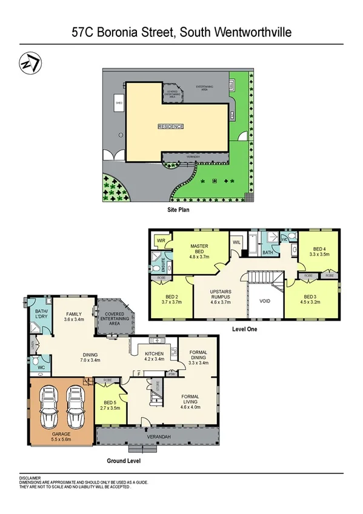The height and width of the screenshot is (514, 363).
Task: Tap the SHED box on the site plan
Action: (119, 103)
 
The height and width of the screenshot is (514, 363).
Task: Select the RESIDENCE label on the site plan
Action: (170, 127)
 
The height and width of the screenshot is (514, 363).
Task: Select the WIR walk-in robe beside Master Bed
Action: (162, 241)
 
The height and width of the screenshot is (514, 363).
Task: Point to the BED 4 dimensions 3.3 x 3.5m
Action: (319, 256)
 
